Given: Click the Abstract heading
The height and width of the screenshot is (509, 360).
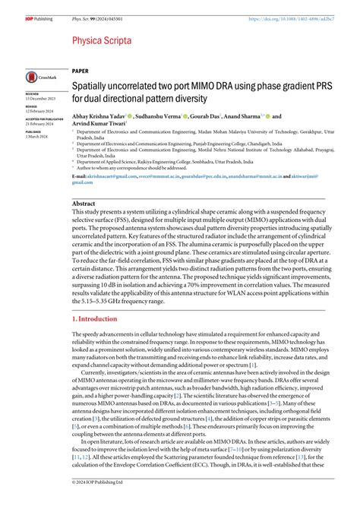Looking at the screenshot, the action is point(84,204).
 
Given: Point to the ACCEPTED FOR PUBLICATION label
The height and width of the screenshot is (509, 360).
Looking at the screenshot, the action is point(46,120).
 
